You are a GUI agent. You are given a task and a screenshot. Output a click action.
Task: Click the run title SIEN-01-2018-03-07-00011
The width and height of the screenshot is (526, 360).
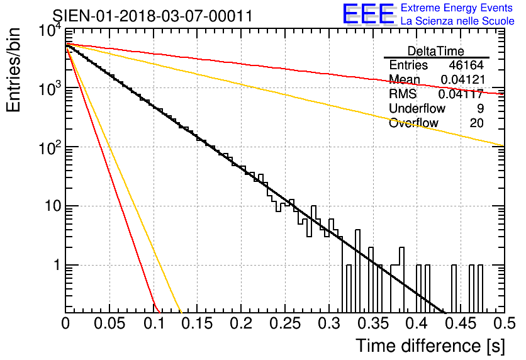point(152,16)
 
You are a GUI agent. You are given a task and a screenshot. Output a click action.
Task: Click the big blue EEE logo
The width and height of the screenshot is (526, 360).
point(369,14)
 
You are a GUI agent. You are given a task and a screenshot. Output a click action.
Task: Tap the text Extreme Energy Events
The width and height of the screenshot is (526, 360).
point(457,8)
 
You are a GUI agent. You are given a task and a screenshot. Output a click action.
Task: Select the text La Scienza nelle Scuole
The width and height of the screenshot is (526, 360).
point(457,21)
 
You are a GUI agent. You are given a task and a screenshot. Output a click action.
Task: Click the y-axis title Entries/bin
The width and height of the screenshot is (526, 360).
point(13,70)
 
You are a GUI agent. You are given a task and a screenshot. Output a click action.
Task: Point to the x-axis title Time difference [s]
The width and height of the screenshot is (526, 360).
point(430,346)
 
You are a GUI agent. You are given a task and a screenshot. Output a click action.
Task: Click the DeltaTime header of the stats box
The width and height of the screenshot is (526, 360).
point(436,51)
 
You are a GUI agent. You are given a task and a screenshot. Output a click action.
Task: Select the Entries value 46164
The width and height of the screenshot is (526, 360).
point(466,65)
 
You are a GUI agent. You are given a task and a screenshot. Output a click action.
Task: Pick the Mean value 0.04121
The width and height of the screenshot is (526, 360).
point(463,79)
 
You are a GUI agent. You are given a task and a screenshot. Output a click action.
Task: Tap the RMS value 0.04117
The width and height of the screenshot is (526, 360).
point(461,94)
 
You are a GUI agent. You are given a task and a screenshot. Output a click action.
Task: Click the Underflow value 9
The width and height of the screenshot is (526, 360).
point(480,108)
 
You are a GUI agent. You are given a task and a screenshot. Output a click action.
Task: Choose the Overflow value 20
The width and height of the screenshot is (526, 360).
point(476,123)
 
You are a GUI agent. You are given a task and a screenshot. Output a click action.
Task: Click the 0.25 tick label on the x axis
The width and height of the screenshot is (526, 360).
point(284,323)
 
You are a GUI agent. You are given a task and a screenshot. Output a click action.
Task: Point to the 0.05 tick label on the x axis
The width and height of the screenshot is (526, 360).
point(109,323)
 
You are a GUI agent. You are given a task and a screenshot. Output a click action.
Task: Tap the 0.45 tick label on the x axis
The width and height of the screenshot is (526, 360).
point(460,323)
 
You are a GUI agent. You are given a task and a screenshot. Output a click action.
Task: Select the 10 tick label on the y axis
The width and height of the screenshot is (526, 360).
point(53,206)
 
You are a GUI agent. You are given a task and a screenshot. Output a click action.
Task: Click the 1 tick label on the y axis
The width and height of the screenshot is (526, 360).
point(57,265)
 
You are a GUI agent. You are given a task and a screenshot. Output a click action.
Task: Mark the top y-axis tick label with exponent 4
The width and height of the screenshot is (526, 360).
point(50,30)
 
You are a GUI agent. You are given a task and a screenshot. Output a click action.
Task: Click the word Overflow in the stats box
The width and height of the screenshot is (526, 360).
point(413,123)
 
